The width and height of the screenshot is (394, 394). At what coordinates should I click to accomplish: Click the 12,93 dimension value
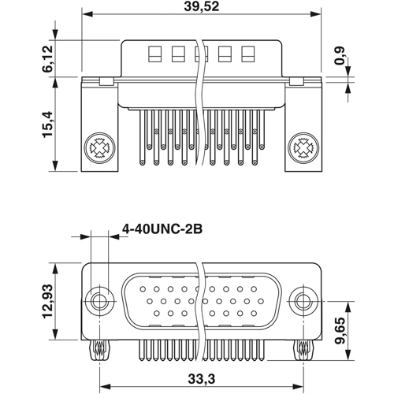(48, 300)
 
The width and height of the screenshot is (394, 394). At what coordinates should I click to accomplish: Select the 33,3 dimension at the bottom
(202, 379)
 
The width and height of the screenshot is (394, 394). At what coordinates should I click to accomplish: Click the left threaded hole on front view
(99, 300)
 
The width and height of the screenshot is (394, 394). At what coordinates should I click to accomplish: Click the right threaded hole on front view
(304, 300)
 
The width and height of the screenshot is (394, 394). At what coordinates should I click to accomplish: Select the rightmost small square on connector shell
(248, 55)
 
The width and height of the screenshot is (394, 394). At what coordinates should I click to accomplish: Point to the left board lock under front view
(99, 347)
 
